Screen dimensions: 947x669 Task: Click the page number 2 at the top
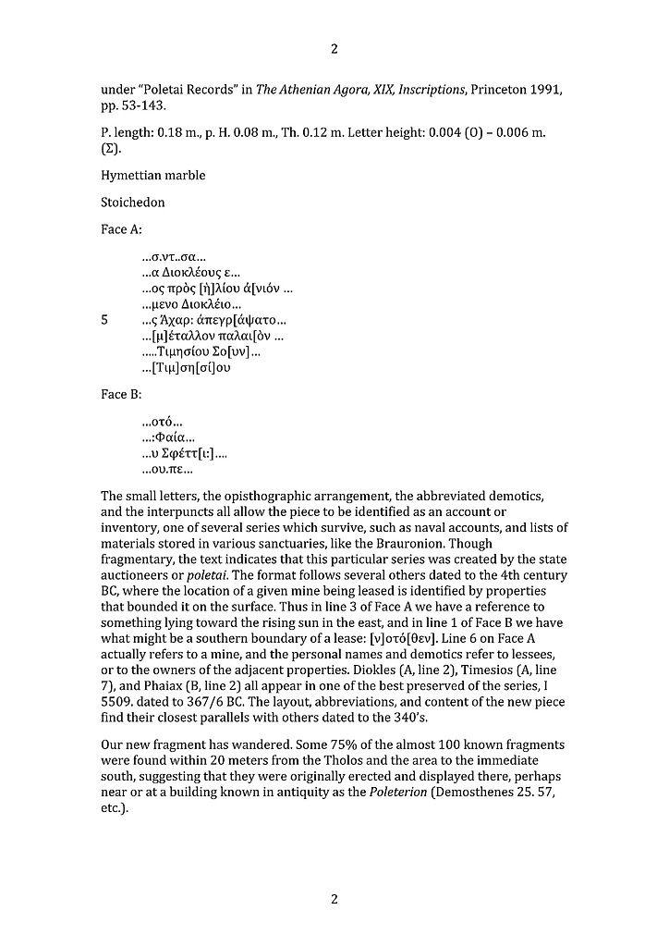click(x=334, y=49)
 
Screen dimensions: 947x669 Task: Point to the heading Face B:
click(x=121, y=395)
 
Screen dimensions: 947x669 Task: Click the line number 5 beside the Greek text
click(x=104, y=320)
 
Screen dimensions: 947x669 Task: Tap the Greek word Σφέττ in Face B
click(x=180, y=454)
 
